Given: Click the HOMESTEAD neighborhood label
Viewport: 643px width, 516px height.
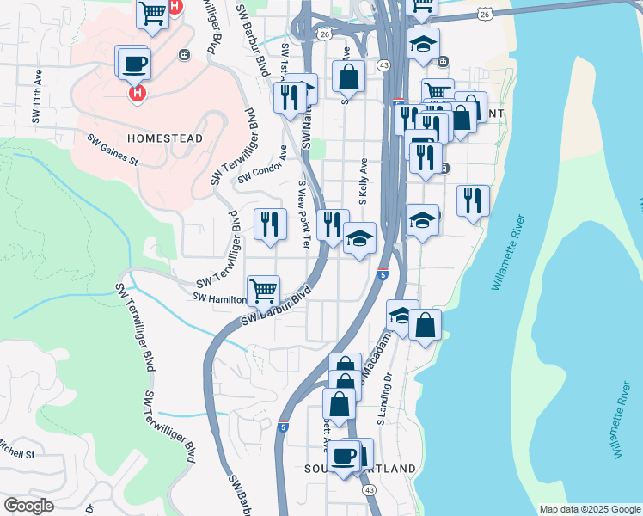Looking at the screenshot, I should (165, 138).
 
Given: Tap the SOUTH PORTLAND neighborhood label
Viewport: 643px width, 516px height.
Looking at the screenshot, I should (360, 469).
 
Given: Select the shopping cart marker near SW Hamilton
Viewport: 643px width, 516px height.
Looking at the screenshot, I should (263, 289).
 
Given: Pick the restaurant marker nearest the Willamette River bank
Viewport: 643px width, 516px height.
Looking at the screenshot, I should (473, 200).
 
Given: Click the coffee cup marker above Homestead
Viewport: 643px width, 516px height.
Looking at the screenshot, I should (135, 63).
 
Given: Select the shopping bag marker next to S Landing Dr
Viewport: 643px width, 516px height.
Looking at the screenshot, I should (426, 326).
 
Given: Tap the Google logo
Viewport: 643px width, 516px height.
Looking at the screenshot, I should (28, 506).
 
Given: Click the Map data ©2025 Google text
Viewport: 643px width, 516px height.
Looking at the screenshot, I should (590, 509).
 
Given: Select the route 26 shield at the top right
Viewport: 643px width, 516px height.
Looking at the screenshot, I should (487, 14).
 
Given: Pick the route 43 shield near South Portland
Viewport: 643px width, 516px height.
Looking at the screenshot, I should (369, 489).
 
